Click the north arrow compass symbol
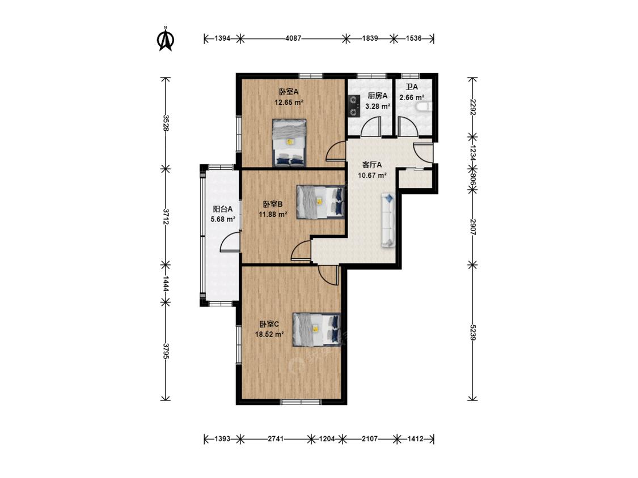(x=166, y=39)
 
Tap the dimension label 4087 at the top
(x=293, y=39)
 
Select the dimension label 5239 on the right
(x=472, y=332)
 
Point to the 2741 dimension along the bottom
(x=276, y=439)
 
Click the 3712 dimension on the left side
(x=165, y=217)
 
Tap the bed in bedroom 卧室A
(x=289, y=143)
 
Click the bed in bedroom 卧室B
(x=320, y=202)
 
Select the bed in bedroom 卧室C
(x=316, y=330)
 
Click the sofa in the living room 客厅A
(x=388, y=220)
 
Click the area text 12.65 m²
(x=289, y=103)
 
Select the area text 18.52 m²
(x=269, y=335)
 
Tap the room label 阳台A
(x=223, y=209)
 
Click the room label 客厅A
(x=372, y=165)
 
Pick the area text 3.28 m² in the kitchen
(x=378, y=106)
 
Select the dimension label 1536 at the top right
(x=413, y=39)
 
